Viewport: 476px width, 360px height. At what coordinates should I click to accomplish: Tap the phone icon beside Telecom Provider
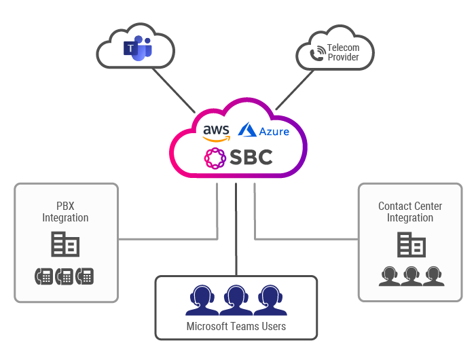(317, 54)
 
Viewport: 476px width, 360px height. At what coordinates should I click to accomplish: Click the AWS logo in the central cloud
(216, 132)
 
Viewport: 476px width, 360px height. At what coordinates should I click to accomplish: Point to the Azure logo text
(264, 130)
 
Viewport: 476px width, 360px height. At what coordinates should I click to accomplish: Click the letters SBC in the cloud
(249, 158)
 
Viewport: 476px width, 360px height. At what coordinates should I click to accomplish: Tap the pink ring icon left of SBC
(215, 158)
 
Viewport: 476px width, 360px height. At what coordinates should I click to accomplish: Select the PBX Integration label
(65, 212)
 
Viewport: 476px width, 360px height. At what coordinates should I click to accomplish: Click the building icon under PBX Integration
(66, 244)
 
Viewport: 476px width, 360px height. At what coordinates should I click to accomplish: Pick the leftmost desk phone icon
(43, 276)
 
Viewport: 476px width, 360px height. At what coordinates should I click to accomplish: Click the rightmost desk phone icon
(85, 276)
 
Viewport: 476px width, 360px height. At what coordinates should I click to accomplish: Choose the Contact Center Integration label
(410, 212)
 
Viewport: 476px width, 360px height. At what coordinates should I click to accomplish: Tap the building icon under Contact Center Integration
(411, 244)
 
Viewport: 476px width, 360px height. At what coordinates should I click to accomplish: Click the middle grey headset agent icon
(411, 276)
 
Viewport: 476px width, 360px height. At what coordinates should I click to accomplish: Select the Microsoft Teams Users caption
(236, 327)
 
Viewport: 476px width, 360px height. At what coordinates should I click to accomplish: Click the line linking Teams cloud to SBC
(174, 90)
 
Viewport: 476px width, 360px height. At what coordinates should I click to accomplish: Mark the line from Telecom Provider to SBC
(299, 88)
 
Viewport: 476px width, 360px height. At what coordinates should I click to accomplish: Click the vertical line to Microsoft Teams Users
(236, 231)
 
